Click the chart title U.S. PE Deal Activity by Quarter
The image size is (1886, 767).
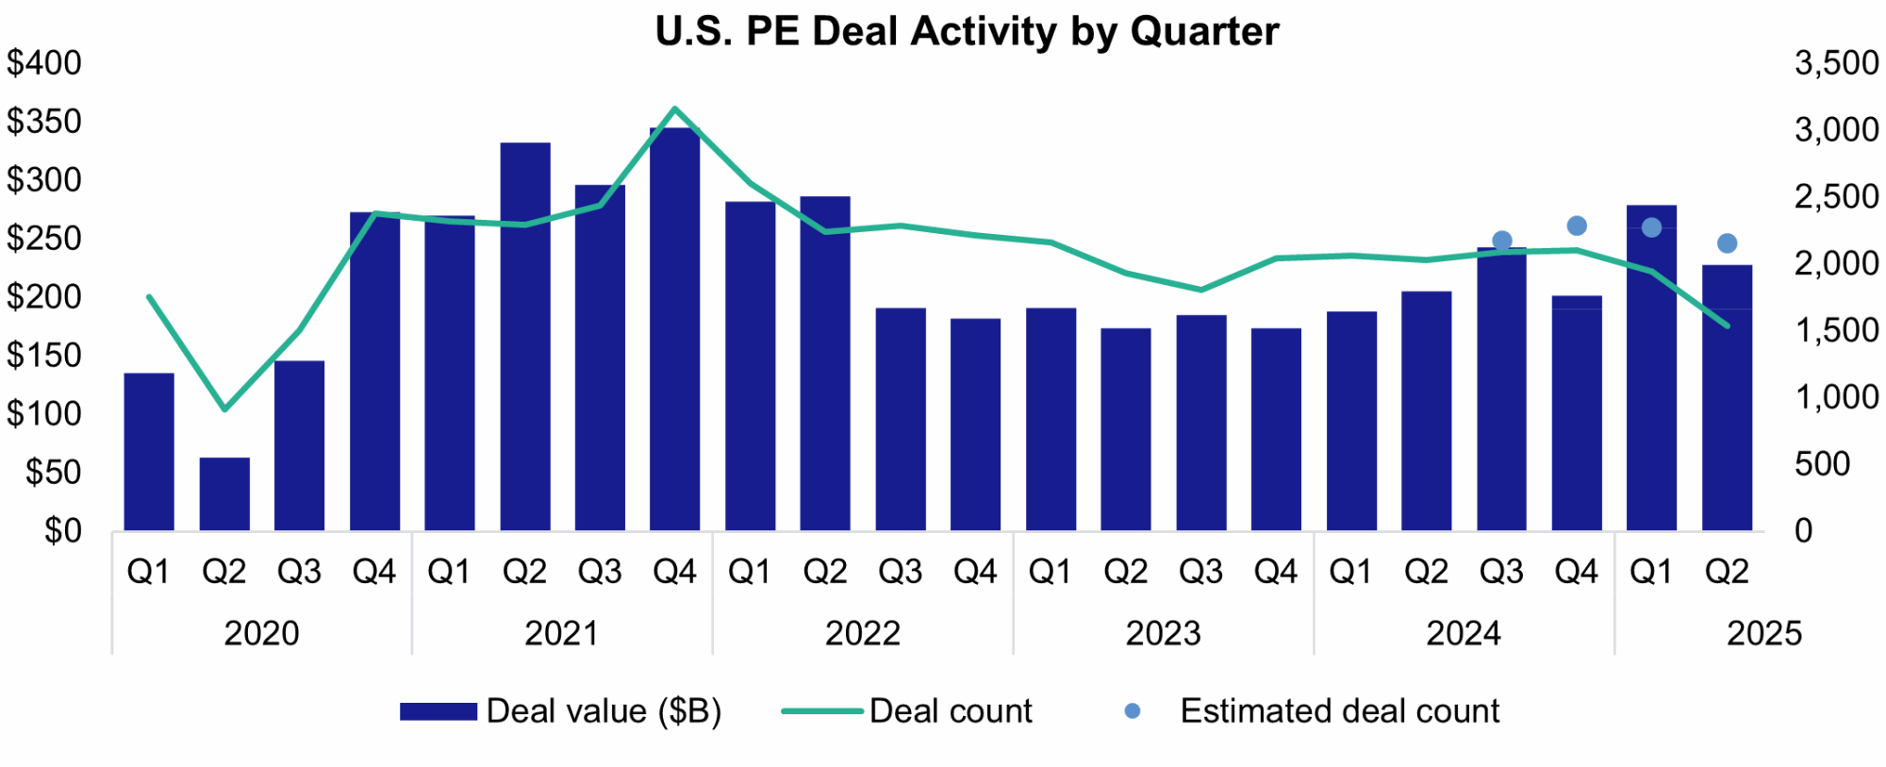[x=967, y=31]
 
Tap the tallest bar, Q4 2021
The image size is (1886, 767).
[x=675, y=330]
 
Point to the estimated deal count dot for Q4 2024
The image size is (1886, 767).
[x=1577, y=225]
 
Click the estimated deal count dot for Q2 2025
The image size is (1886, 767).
[x=1727, y=243]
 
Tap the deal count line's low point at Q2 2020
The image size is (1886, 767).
[x=224, y=409]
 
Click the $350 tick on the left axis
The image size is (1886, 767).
[x=44, y=122]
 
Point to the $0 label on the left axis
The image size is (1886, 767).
[x=62, y=531]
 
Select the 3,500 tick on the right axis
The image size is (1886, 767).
[x=1836, y=63]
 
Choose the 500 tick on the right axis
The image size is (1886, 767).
[x=1822, y=464]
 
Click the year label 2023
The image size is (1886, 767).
[x=1163, y=633]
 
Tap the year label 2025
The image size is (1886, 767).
[x=1763, y=633]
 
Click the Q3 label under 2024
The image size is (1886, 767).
[x=1501, y=572]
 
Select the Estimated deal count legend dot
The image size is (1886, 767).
[x=1133, y=711]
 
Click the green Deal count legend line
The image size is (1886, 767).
[x=821, y=711]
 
